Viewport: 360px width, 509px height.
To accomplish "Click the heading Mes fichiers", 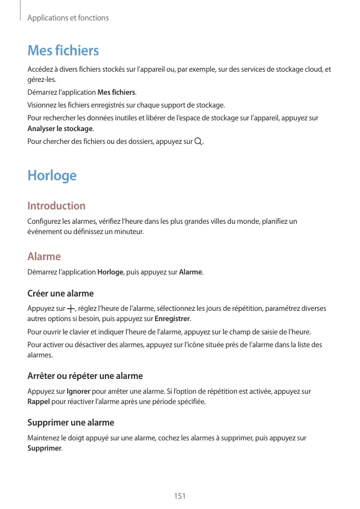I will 63,51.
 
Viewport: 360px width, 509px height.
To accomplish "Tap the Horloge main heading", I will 52,176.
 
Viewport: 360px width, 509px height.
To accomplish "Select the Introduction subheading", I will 56,206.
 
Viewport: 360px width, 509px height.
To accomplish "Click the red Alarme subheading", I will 44,257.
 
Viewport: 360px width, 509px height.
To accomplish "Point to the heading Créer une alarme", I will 60,293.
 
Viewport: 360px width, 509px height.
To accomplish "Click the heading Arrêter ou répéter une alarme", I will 85,376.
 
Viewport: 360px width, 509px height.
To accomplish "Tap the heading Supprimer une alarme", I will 71,423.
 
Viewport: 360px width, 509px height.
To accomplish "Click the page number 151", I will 180,496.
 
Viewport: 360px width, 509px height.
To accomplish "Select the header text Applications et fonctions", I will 68,18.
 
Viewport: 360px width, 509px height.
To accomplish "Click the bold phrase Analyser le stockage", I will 60,129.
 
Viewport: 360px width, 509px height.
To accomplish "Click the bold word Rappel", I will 38,401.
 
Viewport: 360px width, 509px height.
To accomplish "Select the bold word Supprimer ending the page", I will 44,448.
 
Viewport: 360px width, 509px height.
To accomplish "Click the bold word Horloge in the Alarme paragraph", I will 110,272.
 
